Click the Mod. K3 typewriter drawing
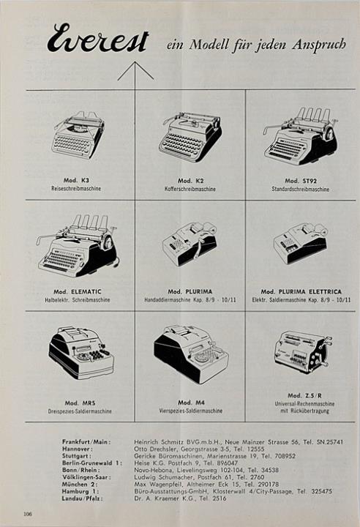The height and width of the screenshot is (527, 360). click(78, 135)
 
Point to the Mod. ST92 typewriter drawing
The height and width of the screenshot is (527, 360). click(300, 136)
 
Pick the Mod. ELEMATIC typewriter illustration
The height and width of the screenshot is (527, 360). click(78, 245)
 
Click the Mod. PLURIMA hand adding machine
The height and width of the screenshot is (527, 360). click(190, 244)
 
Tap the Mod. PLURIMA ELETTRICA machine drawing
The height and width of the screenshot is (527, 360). click(300, 243)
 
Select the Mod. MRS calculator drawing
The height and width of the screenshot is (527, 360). click(80, 353)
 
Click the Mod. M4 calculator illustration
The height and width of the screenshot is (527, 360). click(191, 350)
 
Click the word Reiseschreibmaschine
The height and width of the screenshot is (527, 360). click(76, 189)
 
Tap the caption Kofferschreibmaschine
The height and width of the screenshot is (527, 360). click(190, 189)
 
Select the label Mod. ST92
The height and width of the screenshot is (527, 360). click(301, 181)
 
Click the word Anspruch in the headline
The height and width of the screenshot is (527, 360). click(318, 45)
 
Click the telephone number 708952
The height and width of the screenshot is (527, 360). click(284, 456)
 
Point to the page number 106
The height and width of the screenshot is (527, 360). click(28, 514)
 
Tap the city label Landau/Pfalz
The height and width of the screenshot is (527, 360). click(82, 498)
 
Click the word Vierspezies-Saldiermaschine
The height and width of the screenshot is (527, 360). click(190, 411)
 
